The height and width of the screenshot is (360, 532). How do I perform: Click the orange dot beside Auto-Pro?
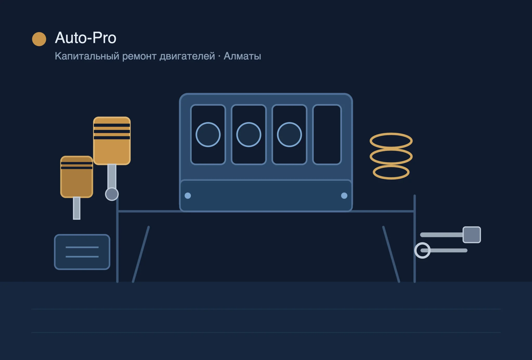39,39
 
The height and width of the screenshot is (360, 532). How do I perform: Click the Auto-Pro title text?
86,38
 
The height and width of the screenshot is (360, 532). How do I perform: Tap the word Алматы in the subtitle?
242,56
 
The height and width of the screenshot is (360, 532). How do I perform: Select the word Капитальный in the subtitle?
87,56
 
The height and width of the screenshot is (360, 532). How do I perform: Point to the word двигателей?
187,56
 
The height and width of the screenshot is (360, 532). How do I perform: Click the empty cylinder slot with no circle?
327,135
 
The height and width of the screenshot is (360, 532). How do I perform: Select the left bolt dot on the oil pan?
188,196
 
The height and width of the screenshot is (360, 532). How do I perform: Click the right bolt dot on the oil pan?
344,196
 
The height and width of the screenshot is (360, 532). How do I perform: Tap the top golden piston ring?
391,134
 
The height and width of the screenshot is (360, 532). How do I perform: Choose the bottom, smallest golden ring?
391,165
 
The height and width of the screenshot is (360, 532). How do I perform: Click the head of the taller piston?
112,141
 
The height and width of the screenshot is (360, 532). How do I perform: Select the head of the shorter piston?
77,177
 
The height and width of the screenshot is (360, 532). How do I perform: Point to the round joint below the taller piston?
112,194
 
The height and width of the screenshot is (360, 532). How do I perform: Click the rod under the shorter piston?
77,208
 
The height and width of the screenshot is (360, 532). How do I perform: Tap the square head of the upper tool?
472,235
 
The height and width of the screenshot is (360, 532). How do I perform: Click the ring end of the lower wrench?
422,243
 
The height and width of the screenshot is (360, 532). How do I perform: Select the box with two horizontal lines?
82,252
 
